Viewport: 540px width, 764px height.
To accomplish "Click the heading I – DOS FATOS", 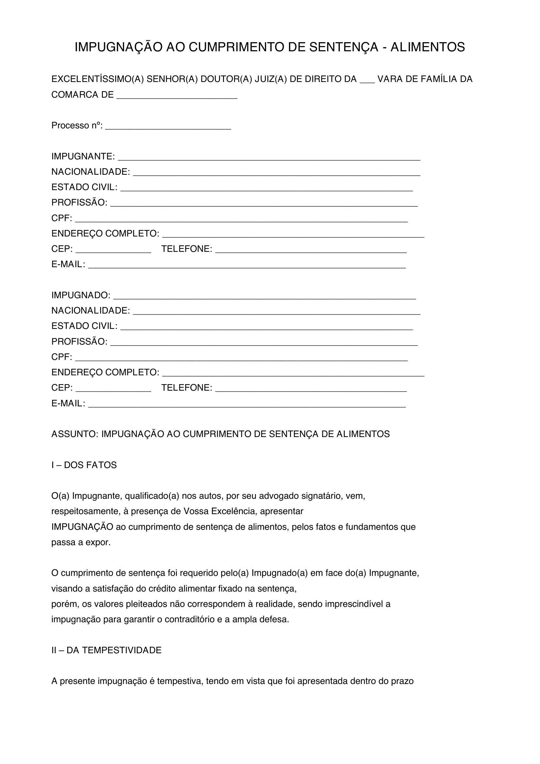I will click(x=84, y=465).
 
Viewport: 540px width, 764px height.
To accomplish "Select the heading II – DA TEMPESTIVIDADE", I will click(x=106, y=650).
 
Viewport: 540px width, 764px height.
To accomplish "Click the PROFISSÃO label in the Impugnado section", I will click(x=79, y=342).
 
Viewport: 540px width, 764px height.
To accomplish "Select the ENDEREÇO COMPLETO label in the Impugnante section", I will click(x=105, y=234).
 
